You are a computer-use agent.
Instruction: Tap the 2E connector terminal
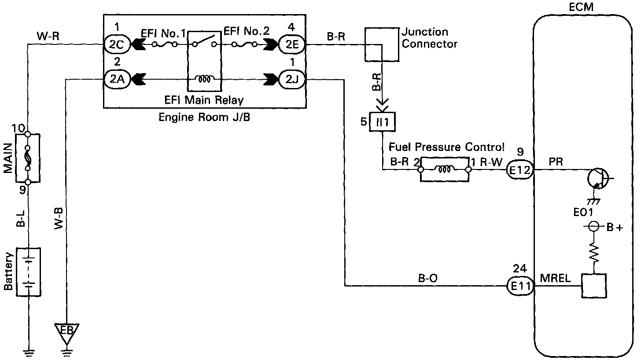291,44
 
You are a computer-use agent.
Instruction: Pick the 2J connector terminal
291,80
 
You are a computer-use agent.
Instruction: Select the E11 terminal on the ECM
520,286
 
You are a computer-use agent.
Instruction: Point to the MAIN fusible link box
27,158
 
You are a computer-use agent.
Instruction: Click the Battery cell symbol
28,272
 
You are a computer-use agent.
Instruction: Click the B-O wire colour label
427,278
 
